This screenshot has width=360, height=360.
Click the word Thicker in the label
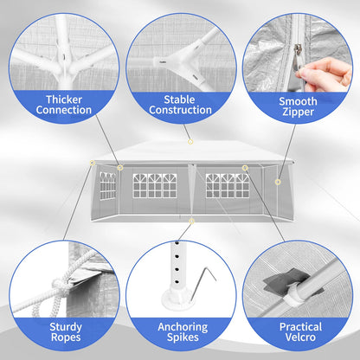pyautogui.click(x=64, y=100)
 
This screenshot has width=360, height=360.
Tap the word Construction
pyautogui.click(x=180, y=110)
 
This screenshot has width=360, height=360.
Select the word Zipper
pyautogui.click(x=298, y=112)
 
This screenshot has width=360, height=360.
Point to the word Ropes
pyautogui.click(x=66, y=337)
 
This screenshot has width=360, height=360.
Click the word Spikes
pyautogui.click(x=183, y=337)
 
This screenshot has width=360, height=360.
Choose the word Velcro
pyautogui.click(x=300, y=337)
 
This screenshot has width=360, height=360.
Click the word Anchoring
pyautogui.click(x=183, y=327)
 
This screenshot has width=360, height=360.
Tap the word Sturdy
pyautogui.click(x=66, y=327)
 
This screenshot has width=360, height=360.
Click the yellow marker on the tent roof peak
pyautogui.click(x=190, y=142)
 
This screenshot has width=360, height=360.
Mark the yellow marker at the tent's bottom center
pyautogui.click(x=191, y=222)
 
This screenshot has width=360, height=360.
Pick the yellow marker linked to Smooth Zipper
pyautogui.click(x=278, y=182)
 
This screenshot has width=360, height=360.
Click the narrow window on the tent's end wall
pyautogui.click(x=107, y=186)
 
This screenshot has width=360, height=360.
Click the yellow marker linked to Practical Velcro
pyautogui.click(x=245, y=168)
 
